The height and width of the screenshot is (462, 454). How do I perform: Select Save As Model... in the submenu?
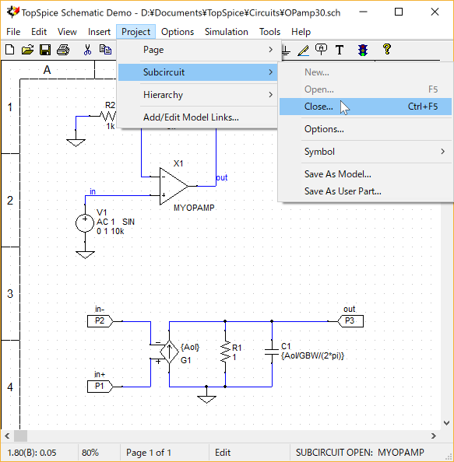[337, 174]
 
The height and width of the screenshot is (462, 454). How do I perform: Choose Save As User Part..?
[343, 191]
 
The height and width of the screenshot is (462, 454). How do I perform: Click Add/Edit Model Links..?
[191, 117]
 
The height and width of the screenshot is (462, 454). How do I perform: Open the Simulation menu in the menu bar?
[227, 32]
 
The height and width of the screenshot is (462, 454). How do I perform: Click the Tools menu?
[269, 32]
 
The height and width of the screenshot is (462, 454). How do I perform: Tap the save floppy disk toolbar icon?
[45, 50]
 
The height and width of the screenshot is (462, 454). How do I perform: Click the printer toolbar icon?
[63, 50]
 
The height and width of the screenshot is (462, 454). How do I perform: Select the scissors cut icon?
[87, 50]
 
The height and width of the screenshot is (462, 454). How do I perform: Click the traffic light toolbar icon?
[363, 50]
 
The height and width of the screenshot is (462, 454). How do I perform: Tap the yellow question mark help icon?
[387, 49]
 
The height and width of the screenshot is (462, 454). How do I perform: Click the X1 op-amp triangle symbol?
[174, 186]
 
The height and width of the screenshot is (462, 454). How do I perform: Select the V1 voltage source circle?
[85, 223]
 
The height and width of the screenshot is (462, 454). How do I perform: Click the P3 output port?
[350, 321]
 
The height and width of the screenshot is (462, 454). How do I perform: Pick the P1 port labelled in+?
[100, 387]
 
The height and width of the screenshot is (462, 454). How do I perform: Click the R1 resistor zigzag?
[225, 352]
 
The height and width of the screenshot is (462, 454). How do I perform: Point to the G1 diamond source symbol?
[169, 352]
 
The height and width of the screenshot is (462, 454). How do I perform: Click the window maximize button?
[399, 12]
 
